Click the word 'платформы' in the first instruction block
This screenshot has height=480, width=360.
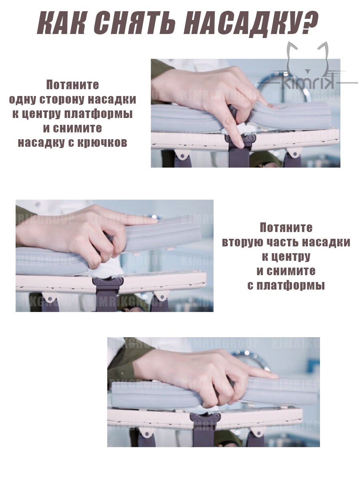(x=98, y=114)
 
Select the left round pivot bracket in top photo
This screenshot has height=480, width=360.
(x=182, y=154)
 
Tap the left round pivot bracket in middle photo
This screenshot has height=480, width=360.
(x=50, y=298)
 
